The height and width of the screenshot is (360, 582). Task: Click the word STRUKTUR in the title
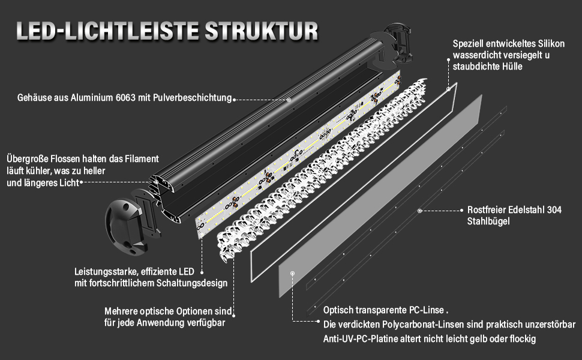[262, 31]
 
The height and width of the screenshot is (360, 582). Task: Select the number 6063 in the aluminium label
[126, 98]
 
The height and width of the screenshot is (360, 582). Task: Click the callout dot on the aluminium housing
[289, 99]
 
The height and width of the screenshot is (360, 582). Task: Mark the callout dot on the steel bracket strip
[419, 211]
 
